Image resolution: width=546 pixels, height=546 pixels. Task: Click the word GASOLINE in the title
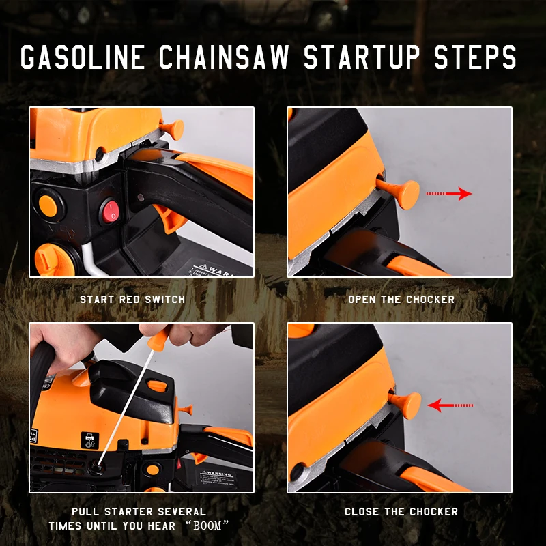click(82, 57)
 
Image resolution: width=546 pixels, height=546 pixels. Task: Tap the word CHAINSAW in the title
click(224, 57)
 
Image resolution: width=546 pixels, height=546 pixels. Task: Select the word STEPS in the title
click(475, 57)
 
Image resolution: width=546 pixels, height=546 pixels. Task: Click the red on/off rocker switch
click(111, 211)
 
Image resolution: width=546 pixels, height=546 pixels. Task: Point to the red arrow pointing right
click(449, 194)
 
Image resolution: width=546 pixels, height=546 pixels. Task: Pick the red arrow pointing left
click(450, 405)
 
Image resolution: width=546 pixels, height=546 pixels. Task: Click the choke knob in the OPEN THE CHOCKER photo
click(399, 192)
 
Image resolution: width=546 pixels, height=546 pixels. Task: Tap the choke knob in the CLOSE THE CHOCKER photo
click(405, 404)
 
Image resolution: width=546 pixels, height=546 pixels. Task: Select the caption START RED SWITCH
click(132, 299)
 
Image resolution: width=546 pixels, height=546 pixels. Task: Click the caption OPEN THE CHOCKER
click(401, 299)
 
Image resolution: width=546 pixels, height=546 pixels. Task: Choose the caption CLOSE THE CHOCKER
click(401, 511)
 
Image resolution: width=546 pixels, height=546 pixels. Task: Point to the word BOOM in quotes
click(207, 525)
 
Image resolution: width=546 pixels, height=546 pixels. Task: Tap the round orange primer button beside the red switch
click(48, 206)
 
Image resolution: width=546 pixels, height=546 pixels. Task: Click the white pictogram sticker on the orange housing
click(90, 440)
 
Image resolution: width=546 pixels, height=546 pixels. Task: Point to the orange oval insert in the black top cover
click(157, 386)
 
